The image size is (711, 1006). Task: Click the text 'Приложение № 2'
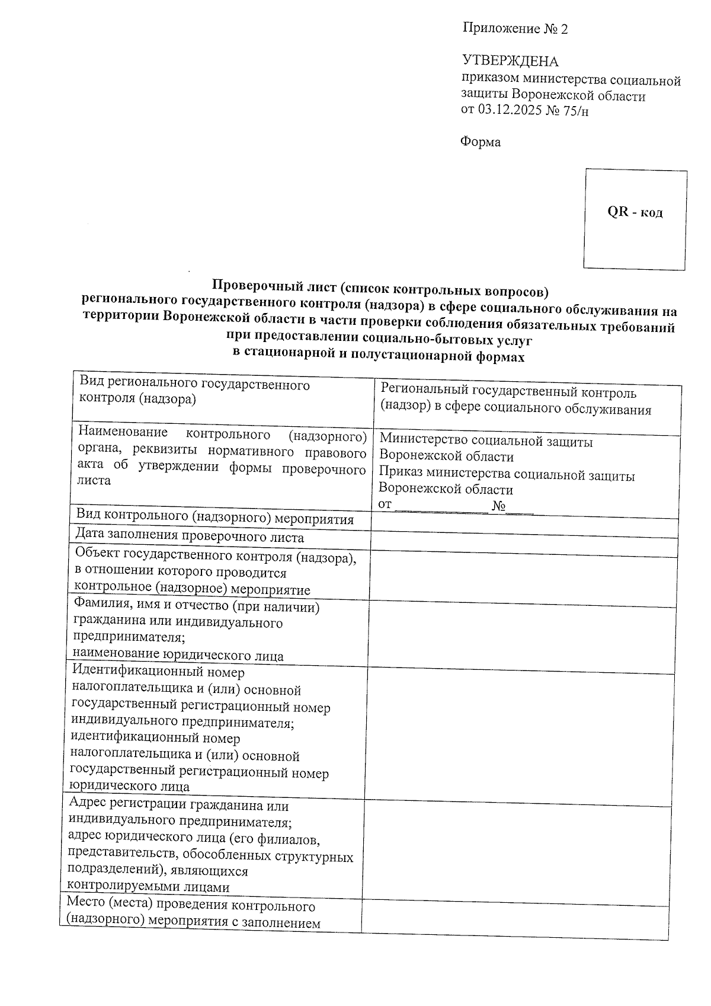(514, 28)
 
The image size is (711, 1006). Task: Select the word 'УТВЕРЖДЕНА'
(510, 61)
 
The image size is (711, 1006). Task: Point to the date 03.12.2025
(509, 110)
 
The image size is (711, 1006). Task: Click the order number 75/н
(578, 111)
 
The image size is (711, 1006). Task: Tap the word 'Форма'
(481, 142)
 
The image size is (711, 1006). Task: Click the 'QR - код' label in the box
(635, 212)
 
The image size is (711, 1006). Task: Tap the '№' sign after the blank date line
(498, 506)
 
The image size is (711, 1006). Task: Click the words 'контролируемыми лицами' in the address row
(148, 887)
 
